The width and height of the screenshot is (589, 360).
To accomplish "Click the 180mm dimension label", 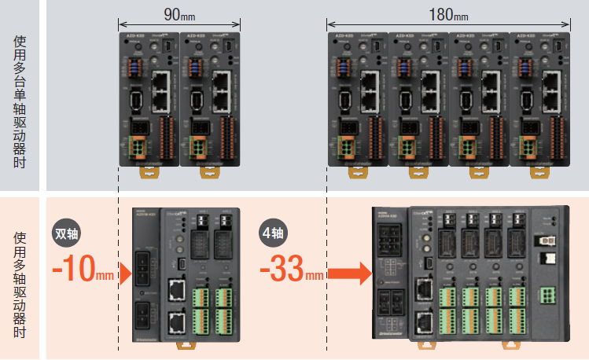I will coord(449,14).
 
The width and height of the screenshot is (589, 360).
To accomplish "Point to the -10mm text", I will coord(83,272).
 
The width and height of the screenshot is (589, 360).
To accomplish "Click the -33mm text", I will coord(291,272).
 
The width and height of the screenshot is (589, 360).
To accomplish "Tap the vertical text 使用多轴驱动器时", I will coord(20,284).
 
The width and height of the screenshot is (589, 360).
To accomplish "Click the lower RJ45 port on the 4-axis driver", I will coord(422,320).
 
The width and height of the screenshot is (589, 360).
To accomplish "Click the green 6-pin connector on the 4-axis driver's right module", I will coord(546,295).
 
